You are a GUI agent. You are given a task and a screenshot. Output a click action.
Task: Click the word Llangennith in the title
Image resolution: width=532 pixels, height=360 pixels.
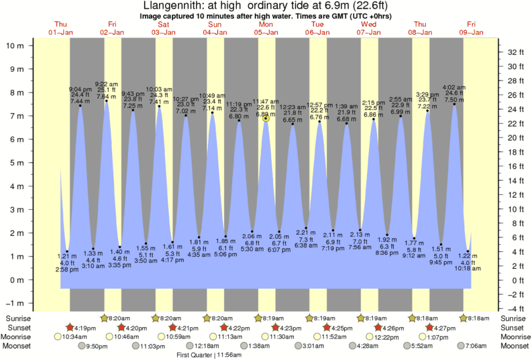coord(171,6)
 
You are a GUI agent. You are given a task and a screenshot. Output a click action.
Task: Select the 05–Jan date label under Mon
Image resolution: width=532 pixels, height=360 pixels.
coord(266,32)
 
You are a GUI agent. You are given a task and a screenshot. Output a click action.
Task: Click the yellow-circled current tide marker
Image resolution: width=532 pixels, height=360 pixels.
coord(266,119)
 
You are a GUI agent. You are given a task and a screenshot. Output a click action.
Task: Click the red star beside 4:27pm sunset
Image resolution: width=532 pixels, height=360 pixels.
coord(430,327)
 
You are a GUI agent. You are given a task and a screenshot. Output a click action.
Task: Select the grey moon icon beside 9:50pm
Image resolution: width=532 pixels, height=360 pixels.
coord(82,346)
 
